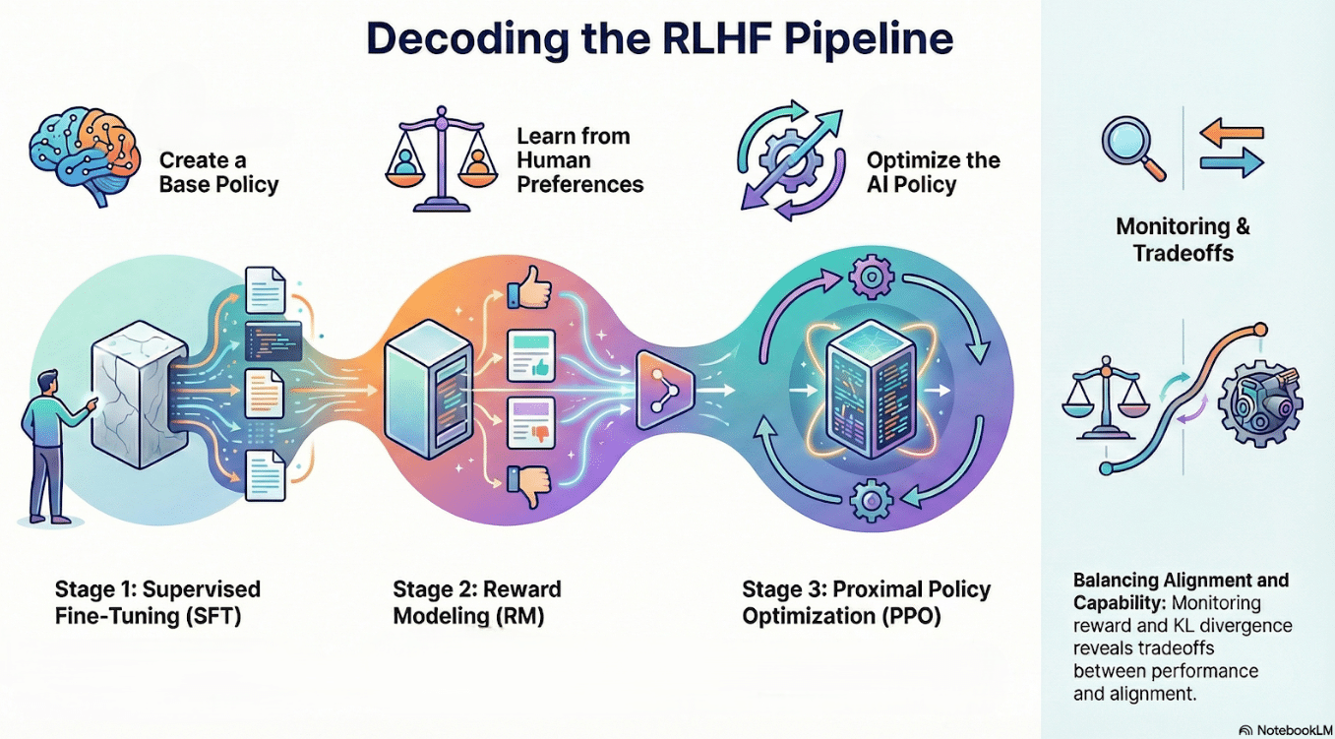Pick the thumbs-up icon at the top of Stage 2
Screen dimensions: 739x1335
(x=527, y=291)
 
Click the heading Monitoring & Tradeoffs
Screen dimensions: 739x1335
(x=1183, y=239)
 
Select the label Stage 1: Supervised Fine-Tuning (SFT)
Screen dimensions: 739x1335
(x=157, y=602)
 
